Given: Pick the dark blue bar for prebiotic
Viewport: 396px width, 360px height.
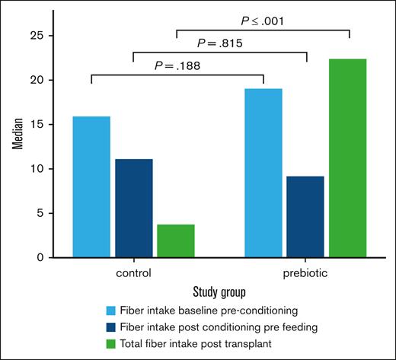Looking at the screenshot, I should (305, 216).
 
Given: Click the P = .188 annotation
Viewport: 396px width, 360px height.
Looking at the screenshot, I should (176, 66).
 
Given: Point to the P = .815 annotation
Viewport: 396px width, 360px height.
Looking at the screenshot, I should (219, 43).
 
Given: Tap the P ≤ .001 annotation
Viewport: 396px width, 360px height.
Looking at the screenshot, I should (263, 21).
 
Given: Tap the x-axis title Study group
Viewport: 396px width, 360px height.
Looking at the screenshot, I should (219, 292).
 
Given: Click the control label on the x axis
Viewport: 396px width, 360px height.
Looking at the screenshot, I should (134, 272).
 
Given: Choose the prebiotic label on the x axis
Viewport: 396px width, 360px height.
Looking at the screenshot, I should (305, 272).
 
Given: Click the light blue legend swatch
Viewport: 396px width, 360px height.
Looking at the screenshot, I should (112, 311).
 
